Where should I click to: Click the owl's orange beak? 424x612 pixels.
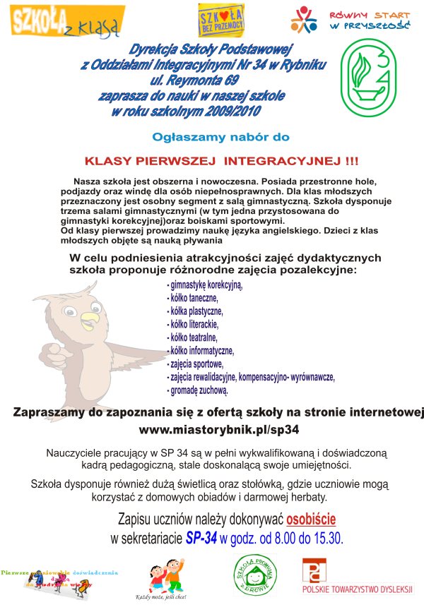[91, 325]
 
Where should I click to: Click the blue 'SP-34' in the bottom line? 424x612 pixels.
[201, 538]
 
